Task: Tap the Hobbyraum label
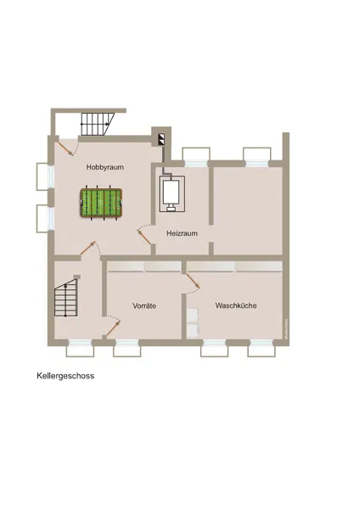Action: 104,168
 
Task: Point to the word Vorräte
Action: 144,305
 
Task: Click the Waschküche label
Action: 236,305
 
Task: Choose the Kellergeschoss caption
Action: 65,374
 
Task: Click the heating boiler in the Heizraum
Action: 172,194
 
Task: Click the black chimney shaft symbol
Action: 159,136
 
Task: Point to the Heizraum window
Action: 196,156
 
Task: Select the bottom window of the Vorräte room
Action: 127,346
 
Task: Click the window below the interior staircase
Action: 79,346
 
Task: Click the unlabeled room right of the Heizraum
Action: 246,208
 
